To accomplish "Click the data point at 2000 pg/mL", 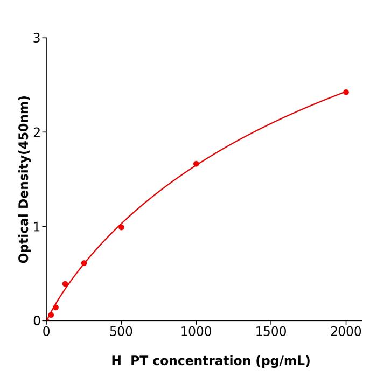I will [x=346, y=92].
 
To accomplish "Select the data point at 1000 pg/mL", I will [x=196, y=164].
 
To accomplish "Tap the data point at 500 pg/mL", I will [x=121, y=227].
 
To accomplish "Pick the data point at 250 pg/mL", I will [x=84, y=263].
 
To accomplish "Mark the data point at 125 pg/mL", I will [x=65, y=284].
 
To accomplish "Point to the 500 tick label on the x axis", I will [x=121, y=332].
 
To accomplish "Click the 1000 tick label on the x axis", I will [x=196, y=332].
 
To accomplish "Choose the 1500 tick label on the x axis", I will [x=271, y=332].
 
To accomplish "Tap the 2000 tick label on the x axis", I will [x=346, y=332].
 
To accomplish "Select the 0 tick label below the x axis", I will [x=46, y=332].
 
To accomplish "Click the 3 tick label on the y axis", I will [x=37, y=38].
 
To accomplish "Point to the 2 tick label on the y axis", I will [x=37, y=132].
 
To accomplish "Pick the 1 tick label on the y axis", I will [x=37, y=227].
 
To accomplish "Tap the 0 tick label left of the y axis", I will [x=37, y=321].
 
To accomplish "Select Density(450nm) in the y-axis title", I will [x=24, y=152].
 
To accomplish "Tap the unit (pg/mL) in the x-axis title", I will [x=283, y=361].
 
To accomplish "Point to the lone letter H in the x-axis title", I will [x=116, y=361].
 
